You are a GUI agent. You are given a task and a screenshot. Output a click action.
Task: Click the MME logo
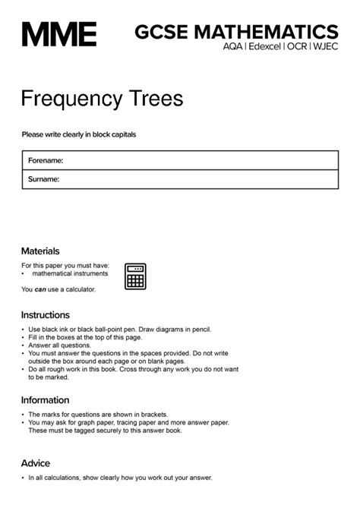tap(58, 34)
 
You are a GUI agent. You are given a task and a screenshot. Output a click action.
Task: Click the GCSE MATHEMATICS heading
tap(236, 32)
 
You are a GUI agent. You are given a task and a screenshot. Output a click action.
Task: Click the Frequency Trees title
tap(102, 99)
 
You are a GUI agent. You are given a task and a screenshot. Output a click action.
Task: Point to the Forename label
tap(46, 160)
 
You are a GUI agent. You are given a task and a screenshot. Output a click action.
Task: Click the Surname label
tap(44, 179)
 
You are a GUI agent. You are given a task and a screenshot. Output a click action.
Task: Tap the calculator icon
tap(135, 276)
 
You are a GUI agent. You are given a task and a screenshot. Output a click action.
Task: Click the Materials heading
tap(40, 251)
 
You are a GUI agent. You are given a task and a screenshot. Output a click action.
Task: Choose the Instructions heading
tap(46, 314)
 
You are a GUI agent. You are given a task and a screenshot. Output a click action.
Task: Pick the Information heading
tap(45, 400)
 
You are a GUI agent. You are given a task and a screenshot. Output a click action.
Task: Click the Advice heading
tap(36, 463)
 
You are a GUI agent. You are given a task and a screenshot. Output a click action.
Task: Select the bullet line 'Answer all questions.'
tap(60, 346)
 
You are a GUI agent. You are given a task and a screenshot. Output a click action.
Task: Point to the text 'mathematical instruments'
tap(70, 273)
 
